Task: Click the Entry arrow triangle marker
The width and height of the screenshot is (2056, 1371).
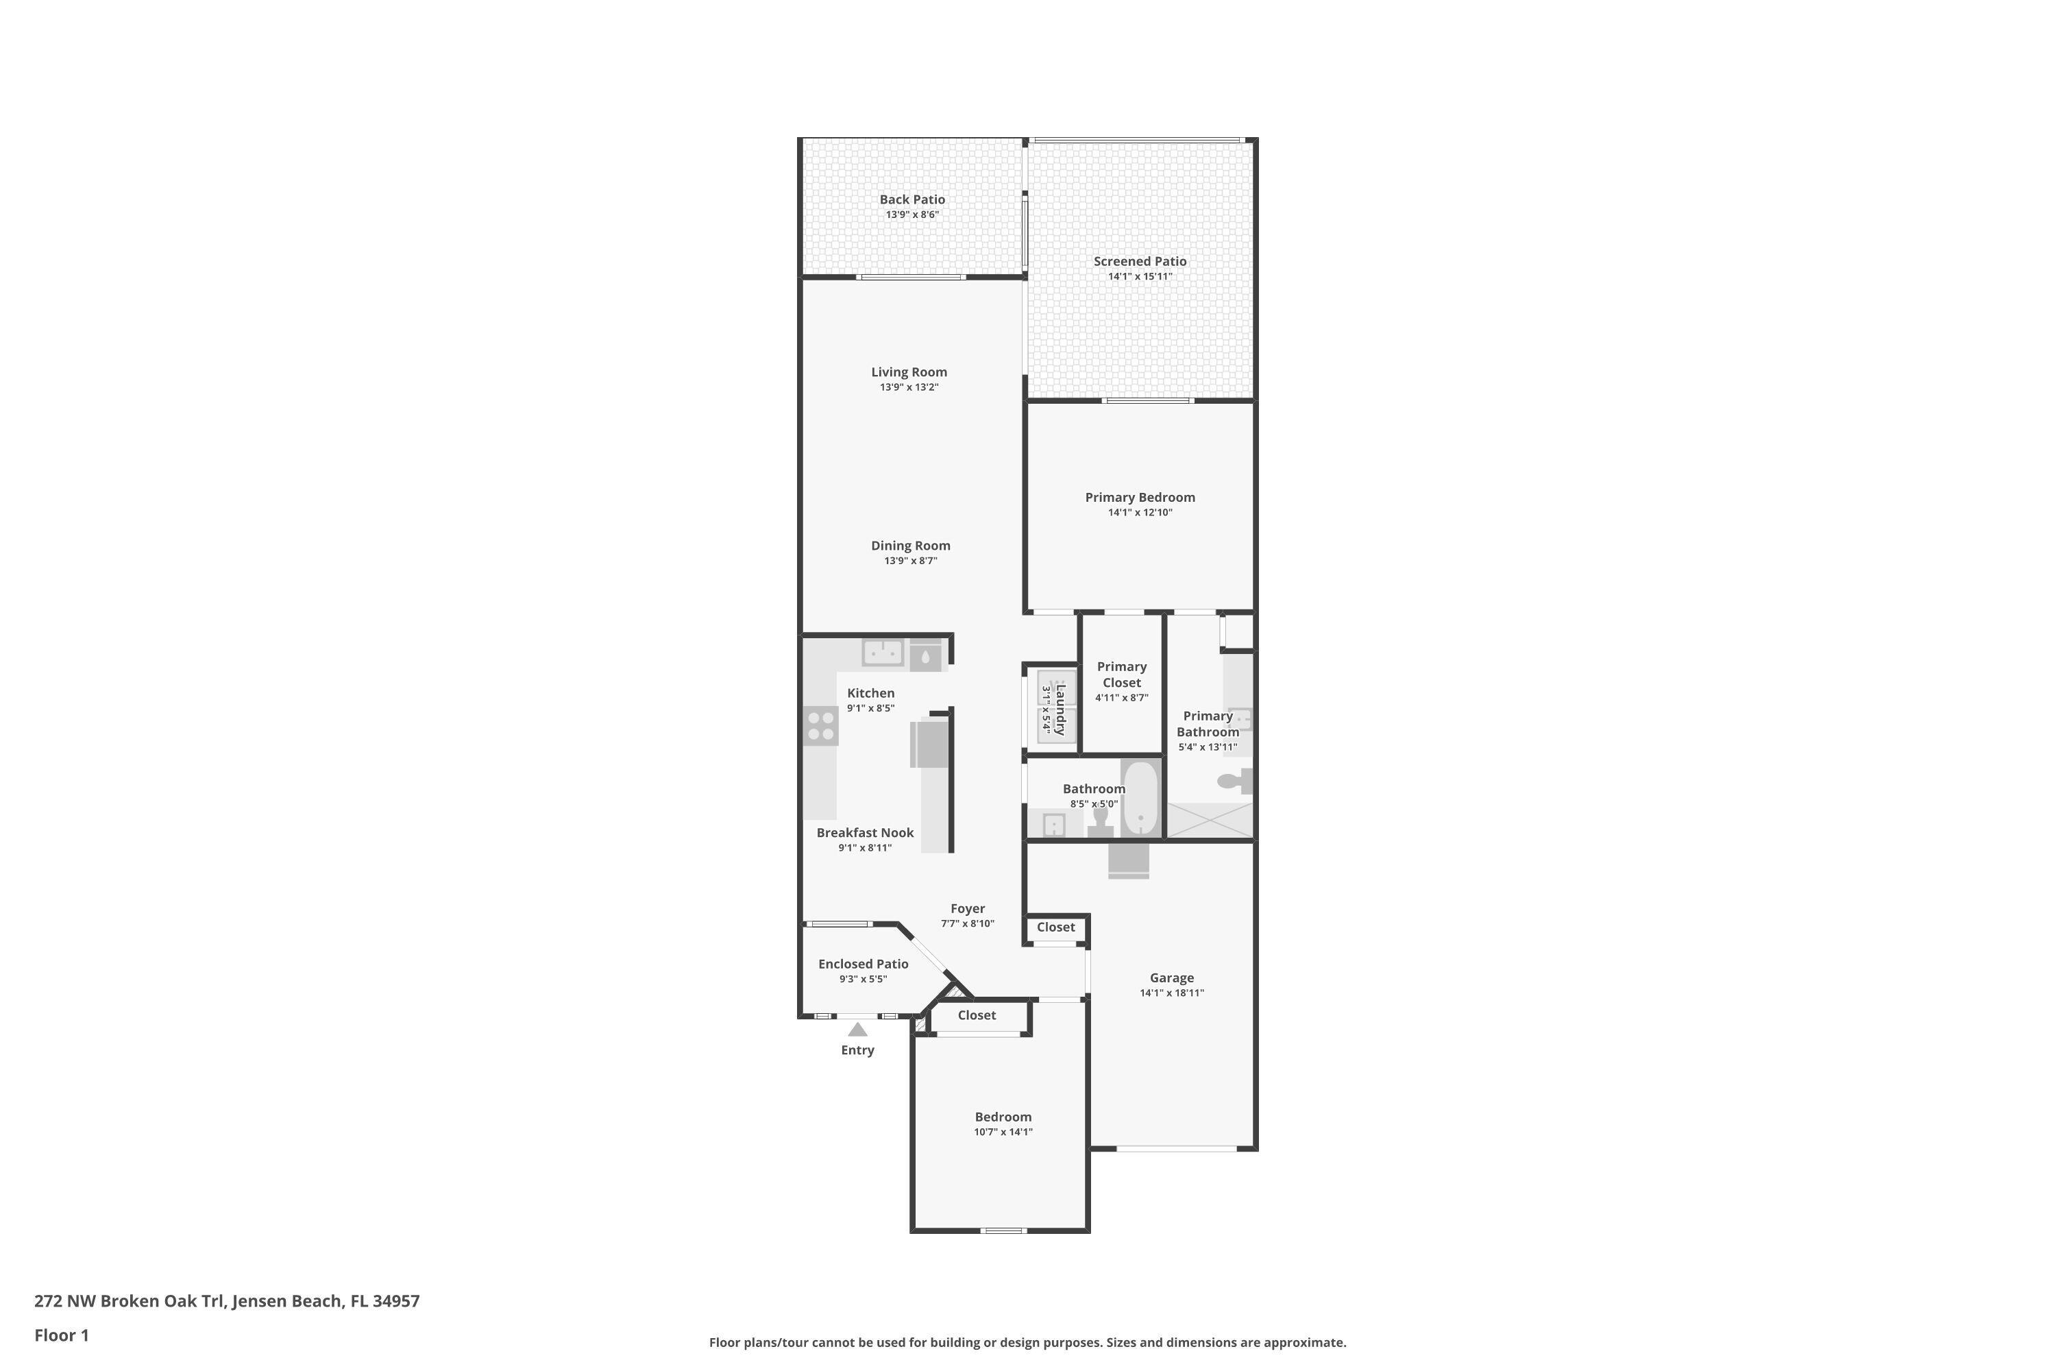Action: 857,1030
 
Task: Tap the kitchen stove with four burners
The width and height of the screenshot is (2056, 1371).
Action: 820,726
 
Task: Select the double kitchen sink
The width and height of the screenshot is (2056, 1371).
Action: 883,653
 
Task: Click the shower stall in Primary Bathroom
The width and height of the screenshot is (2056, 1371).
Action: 1210,820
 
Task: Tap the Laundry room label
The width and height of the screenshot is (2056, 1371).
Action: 1060,709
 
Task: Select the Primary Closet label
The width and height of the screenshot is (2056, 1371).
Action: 1121,674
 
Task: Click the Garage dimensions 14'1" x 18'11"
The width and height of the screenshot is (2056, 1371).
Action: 1171,993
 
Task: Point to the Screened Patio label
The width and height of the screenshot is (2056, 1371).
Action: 1140,260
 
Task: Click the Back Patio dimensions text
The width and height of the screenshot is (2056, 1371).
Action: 911,214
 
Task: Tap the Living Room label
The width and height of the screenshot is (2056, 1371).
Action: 908,372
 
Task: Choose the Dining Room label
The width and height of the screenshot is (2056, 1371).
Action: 910,545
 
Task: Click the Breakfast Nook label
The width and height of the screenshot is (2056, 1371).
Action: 864,832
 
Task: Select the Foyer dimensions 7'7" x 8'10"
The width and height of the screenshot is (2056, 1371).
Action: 967,923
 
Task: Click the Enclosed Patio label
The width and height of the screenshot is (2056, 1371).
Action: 863,964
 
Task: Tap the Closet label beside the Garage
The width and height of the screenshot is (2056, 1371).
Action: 1055,927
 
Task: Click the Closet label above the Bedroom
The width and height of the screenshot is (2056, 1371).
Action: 977,1015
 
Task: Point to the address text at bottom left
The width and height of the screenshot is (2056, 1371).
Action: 226,1300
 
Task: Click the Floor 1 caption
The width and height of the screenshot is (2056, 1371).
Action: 61,1335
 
